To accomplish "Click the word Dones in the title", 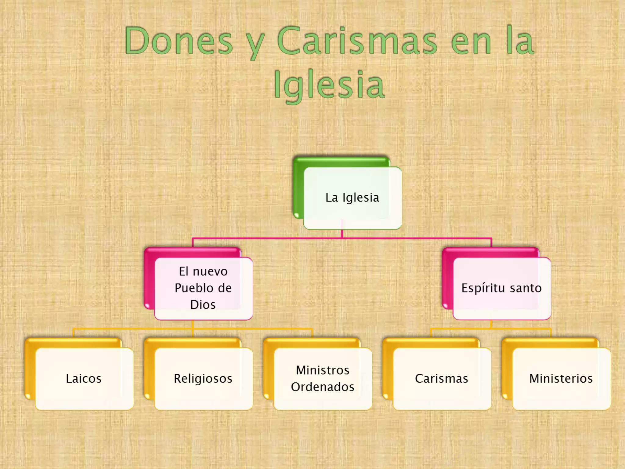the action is (179, 41).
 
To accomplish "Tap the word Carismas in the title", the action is (357, 41).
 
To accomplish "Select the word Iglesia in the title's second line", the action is (329, 85).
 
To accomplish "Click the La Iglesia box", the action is (352, 198).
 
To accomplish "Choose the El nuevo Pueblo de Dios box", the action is (203, 288).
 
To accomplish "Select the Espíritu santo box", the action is (501, 288).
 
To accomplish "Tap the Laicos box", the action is (84, 379).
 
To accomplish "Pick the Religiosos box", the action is (203, 379).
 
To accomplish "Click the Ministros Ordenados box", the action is (323, 379).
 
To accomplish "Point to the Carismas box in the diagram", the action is (442, 379).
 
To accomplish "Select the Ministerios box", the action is (561, 379).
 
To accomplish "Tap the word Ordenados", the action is (323, 387).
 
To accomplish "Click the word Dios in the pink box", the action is (203, 305).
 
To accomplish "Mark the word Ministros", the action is (323, 370).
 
